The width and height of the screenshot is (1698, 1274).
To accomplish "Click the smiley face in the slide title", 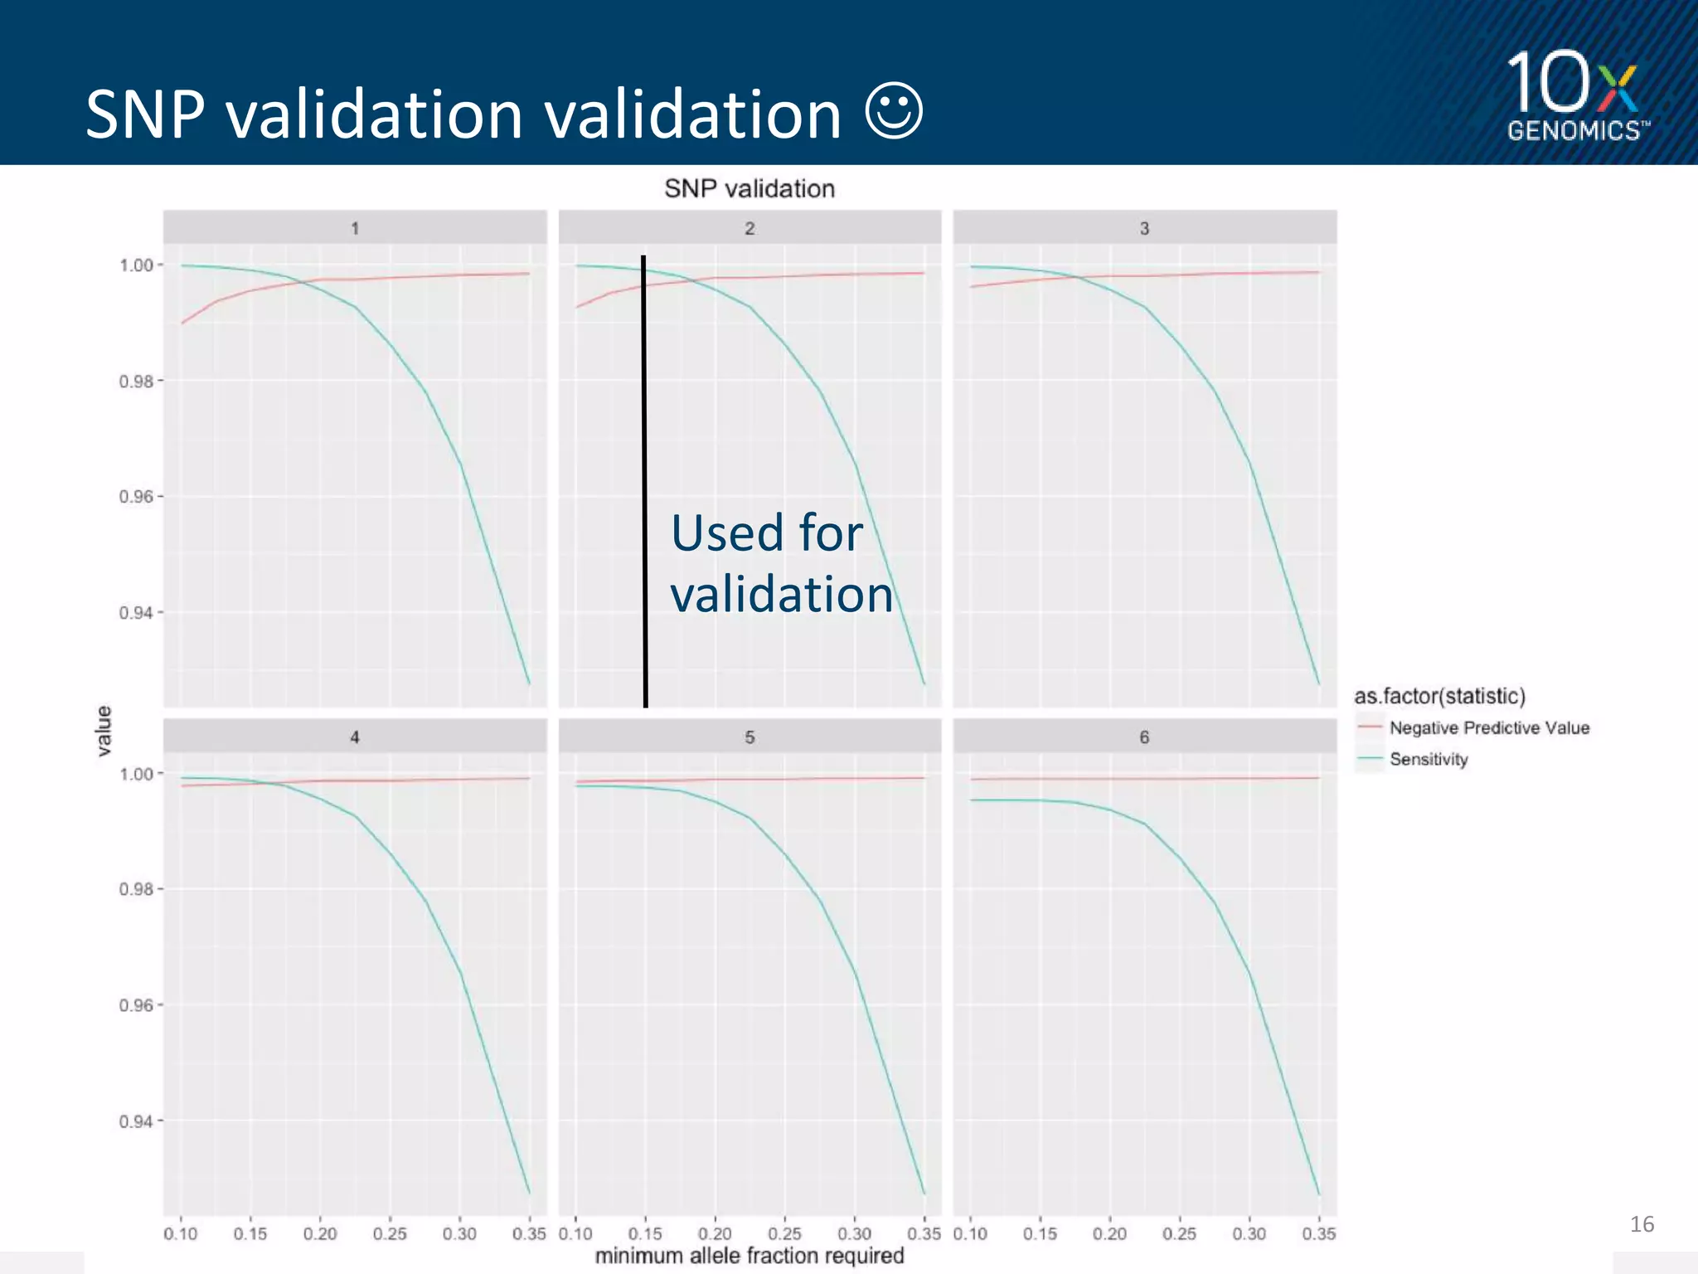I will click(893, 112).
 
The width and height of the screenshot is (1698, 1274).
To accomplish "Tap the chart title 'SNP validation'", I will click(749, 189).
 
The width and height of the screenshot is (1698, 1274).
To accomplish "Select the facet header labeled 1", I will click(355, 228).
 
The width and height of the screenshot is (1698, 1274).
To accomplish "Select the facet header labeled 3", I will click(1144, 228).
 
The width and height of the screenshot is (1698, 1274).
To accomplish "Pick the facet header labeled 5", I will click(750, 737).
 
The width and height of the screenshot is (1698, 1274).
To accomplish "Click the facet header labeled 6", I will click(1144, 737).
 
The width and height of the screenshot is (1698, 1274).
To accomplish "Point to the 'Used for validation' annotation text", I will click(781, 563).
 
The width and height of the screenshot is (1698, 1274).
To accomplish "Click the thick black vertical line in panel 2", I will click(644, 481).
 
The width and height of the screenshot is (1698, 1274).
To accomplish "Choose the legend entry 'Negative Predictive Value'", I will click(1488, 727).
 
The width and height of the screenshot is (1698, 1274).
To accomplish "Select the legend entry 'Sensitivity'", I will click(1428, 759).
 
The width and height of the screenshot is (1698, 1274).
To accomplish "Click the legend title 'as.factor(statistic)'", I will click(1439, 696).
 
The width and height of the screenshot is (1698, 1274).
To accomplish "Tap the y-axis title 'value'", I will click(104, 731).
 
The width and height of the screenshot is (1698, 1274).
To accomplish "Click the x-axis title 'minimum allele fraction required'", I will click(749, 1256).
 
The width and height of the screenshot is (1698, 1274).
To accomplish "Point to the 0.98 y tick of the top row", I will click(136, 382).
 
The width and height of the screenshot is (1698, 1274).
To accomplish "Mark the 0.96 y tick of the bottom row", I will click(136, 1005).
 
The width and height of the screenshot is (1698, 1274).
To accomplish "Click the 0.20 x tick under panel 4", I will click(320, 1234).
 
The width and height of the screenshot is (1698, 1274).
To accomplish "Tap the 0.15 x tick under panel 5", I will click(644, 1234).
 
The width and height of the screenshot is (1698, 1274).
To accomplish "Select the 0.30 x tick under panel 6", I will click(1249, 1234).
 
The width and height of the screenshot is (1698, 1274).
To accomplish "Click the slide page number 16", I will click(1641, 1224).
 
